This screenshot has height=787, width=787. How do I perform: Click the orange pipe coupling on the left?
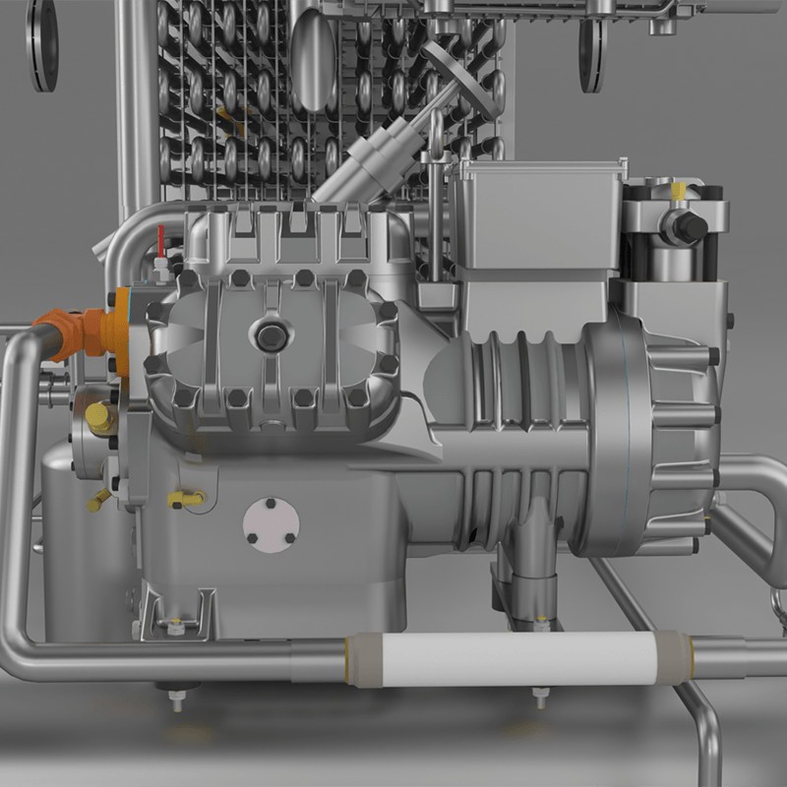point(84,331)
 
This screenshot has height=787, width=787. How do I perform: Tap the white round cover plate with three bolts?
point(271,523)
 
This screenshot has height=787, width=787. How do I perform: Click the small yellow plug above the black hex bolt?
point(682,186)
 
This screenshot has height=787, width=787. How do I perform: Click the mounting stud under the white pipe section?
point(540,697)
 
